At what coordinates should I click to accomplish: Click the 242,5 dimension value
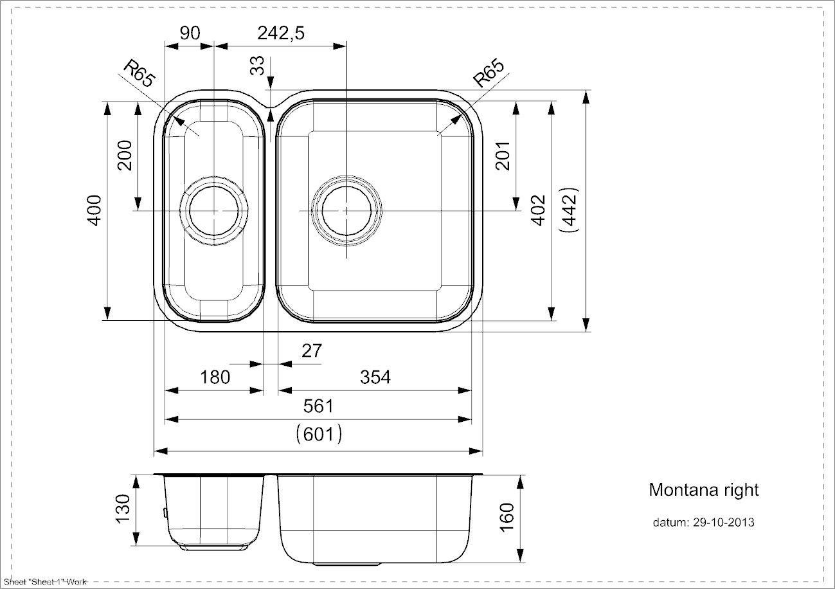(x=281, y=33)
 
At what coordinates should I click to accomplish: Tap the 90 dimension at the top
(x=190, y=33)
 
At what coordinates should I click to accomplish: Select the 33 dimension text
(x=257, y=66)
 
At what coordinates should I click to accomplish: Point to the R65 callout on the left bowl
(x=139, y=73)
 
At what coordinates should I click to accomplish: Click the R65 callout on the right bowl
(x=489, y=73)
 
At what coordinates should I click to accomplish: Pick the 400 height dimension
(x=94, y=210)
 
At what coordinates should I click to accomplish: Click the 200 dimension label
(x=125, y=156)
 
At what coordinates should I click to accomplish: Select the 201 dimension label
(x=503, y=156)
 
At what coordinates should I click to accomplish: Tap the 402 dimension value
(x=538, y=210)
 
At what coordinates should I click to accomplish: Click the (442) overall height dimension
(x=570, y=210)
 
